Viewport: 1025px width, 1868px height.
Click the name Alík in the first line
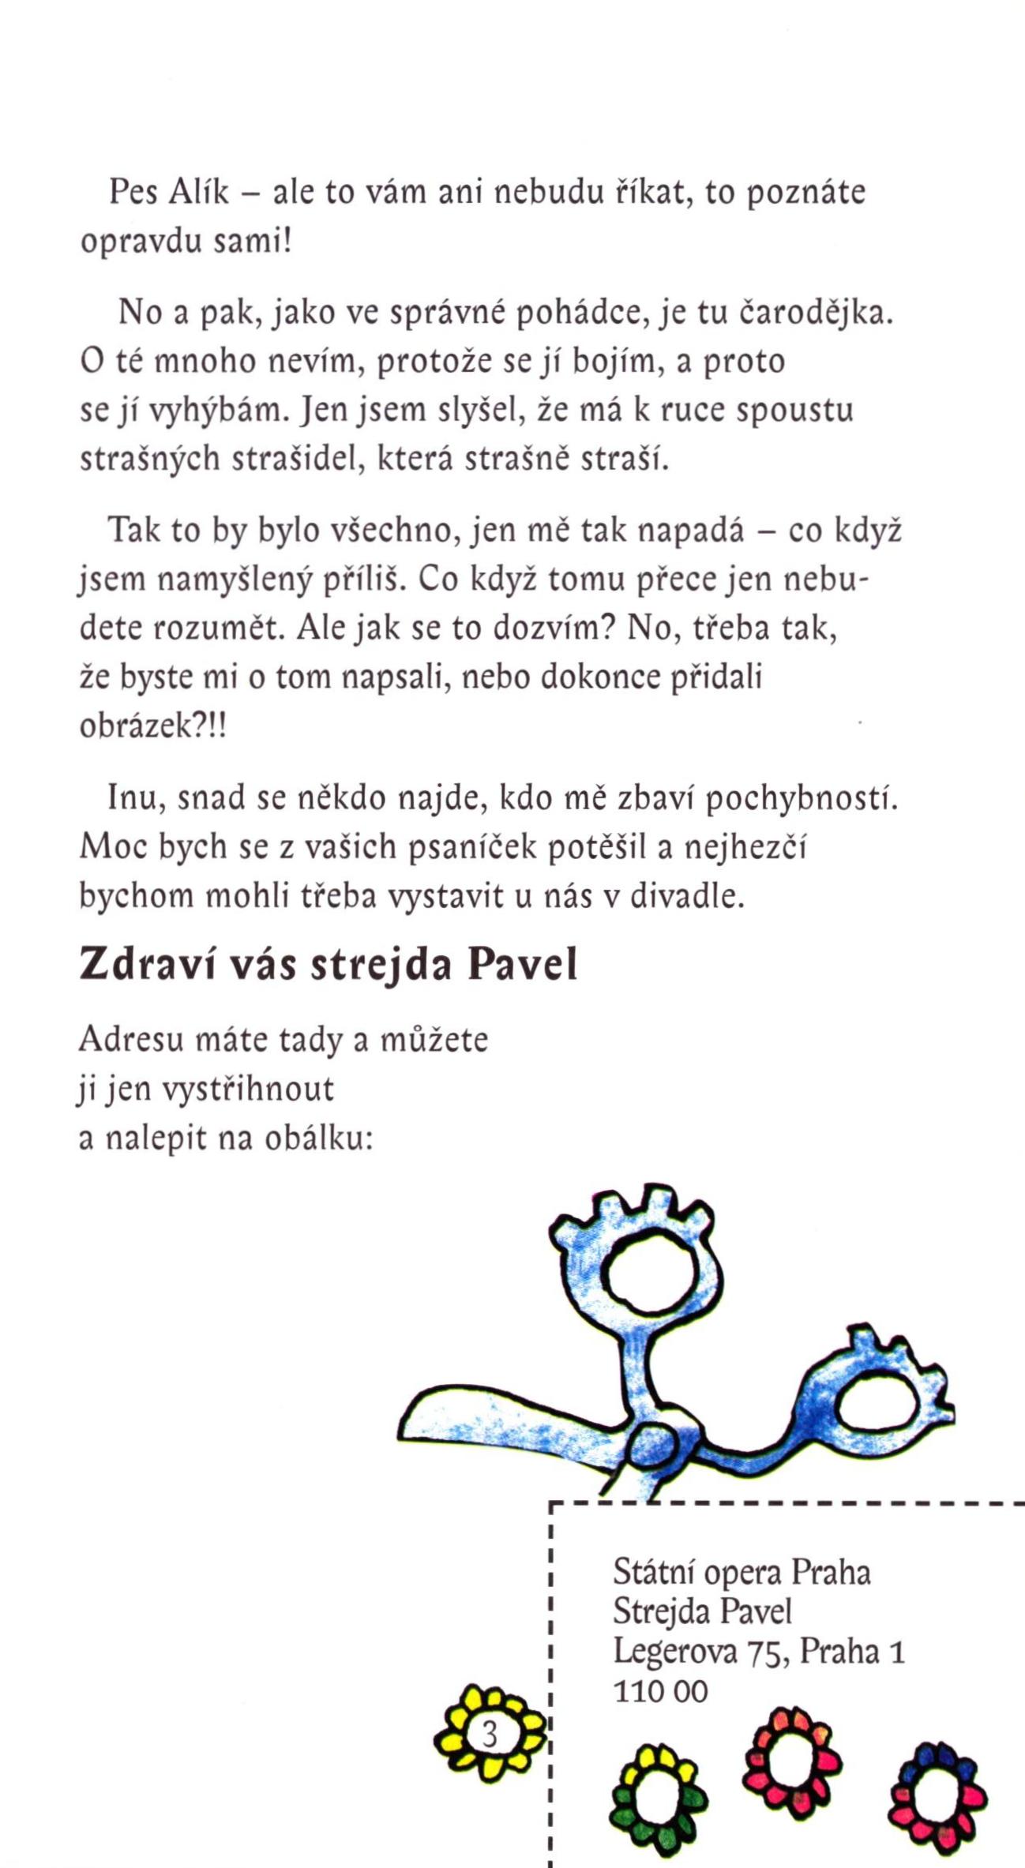[199, 192]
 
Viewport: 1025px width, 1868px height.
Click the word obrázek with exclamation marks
[152, 726]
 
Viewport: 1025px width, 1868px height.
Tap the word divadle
[687, 897]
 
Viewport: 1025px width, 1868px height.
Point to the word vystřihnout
[248, 1090]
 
